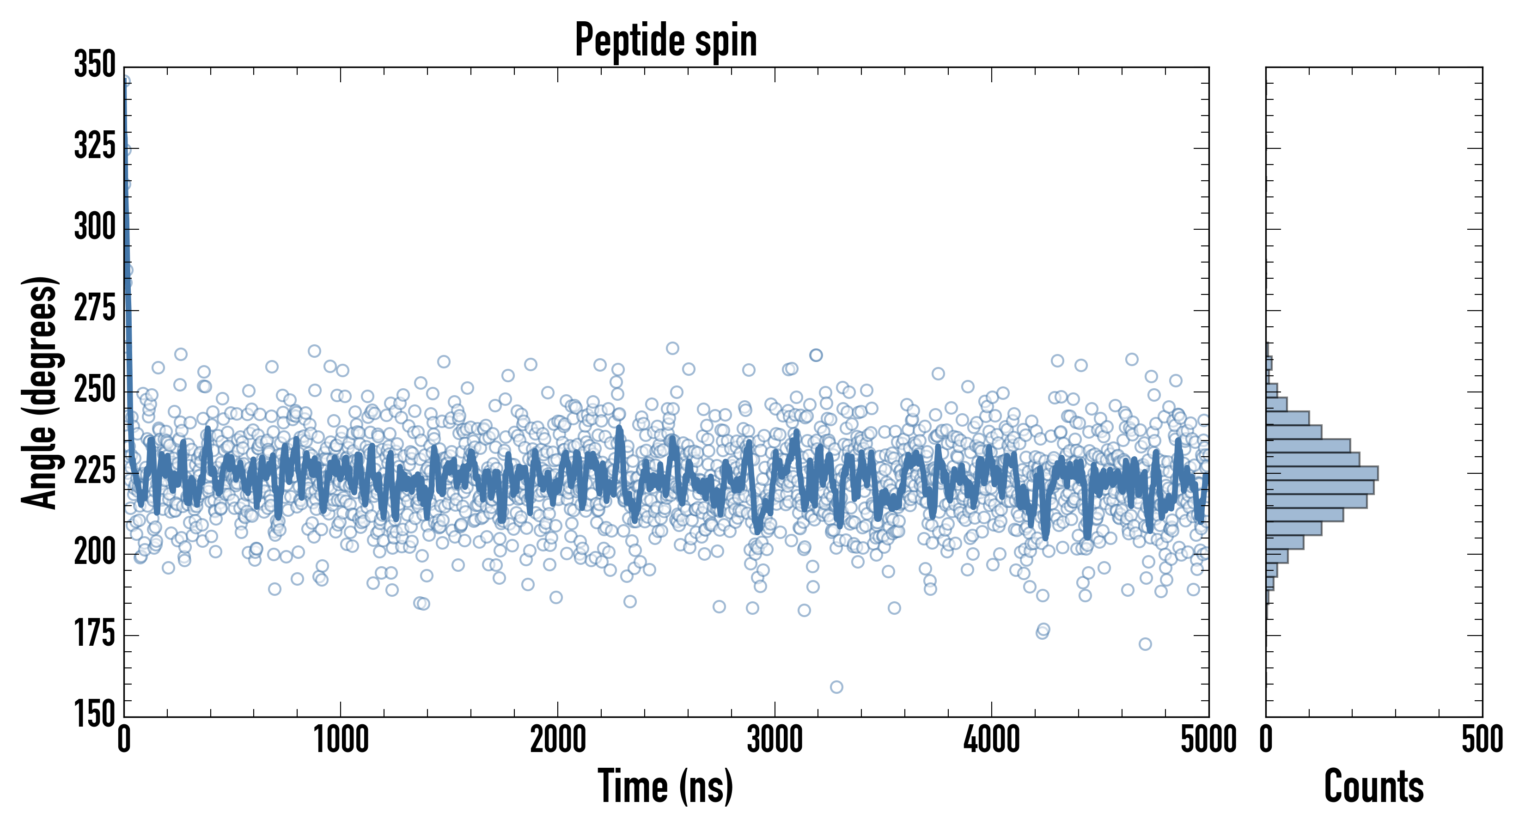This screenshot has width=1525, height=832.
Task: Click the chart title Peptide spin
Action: pos(666,40)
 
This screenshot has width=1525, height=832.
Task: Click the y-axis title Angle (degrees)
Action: pos(40,392)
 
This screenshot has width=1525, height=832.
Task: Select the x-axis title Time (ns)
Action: pos(666,786)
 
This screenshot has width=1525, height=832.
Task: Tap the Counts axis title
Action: pos(1374,786)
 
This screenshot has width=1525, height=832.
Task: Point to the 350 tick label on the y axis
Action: pos(95,65)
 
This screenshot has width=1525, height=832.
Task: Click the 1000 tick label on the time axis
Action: pos(341,740)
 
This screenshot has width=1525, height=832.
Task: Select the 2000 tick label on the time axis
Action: pos(558,740)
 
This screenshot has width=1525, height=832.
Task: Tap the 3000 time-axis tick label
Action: pos(775,740)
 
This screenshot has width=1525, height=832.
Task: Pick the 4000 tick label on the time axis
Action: pos(992,740)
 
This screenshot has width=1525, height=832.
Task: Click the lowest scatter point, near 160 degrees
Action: pos(836,687)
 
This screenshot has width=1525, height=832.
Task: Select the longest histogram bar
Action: pos(1321,473)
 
